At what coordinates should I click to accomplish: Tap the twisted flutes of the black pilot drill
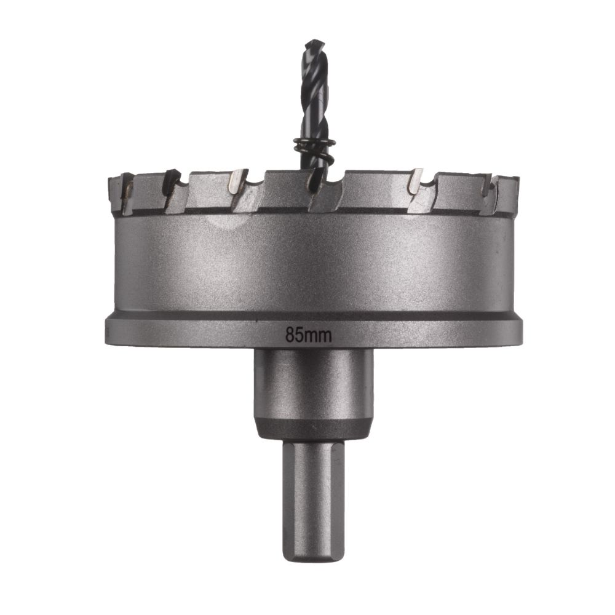[x=314, y=92]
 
